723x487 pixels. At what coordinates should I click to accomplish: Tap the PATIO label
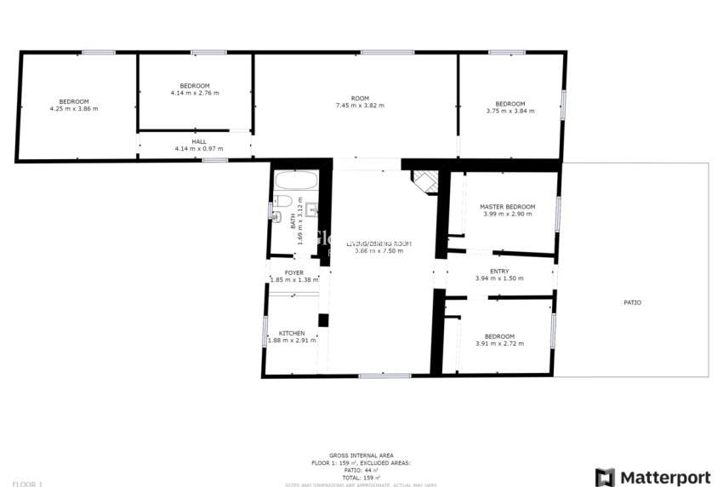[632, 302]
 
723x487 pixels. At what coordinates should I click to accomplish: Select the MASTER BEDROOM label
[507, 207]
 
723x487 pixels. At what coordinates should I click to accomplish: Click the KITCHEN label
[292, 333]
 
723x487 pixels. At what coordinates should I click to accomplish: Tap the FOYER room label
[293, 272]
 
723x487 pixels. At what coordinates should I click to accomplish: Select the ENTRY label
[499, 271]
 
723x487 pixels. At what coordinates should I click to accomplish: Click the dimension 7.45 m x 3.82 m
[360, 106]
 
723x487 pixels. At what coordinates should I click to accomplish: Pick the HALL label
[198, 141]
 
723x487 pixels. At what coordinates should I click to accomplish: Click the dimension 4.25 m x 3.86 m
[74, 109]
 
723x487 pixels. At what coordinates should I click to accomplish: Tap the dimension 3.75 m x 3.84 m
[510, 111]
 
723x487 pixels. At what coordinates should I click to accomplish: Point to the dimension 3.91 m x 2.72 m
[499, 344]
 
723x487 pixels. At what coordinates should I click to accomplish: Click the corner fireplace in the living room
[425, 180]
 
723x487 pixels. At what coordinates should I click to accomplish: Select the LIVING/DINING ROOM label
[383, 243]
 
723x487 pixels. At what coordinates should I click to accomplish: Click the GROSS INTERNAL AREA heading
[361, 455]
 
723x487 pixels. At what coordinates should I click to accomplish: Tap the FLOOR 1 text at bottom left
[27, 484]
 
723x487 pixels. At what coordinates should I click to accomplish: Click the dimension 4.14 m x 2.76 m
[195, 93]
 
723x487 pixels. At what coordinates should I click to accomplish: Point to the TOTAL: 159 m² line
[361, 476]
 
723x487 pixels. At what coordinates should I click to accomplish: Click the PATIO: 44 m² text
[361, 469]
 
